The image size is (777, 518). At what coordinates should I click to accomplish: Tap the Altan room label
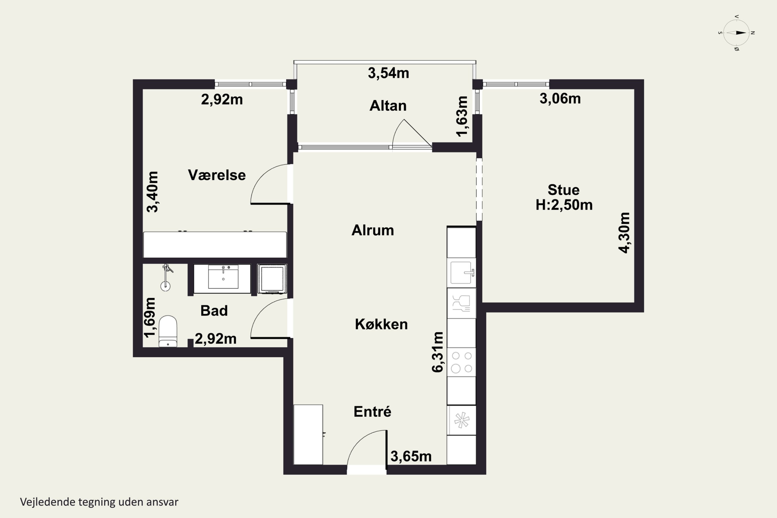click(x=388, y=106)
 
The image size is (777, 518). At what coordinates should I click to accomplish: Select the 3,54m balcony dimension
click(x=388, y=73)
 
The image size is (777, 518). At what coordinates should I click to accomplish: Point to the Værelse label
click(x=217, y=175)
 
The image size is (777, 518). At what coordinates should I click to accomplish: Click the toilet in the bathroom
click(x=168, y=331)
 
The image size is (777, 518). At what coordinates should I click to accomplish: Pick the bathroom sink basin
click(x=223, y=277)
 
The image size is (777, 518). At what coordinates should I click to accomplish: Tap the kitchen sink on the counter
click(x=461, y=272)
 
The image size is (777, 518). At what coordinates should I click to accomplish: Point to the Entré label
click(x=372, y=412)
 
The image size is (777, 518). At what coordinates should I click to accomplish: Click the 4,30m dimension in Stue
click(x=624, y=233)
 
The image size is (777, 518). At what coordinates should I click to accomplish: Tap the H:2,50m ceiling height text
click(x=564, y=205)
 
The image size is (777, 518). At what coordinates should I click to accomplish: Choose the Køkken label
click(x=381, y=325)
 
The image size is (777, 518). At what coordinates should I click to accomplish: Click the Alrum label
click(x=373, y=230)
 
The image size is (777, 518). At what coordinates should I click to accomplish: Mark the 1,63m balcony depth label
click(x=462, y=116)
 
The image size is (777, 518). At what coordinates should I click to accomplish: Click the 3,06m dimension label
click(x=560, y=98)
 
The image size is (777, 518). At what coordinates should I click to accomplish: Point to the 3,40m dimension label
click(x=152, y=192)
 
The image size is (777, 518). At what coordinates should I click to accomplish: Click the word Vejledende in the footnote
click(x=48, y=502)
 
